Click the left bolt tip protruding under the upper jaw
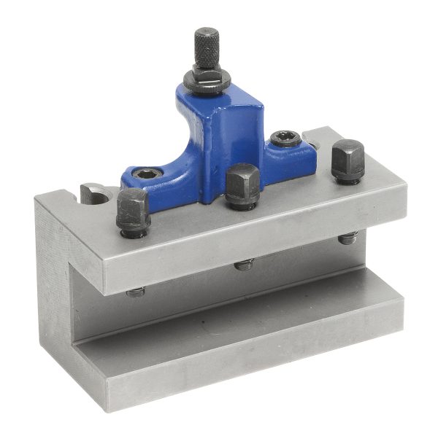135,292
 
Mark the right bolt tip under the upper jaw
347,238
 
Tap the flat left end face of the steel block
55,292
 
